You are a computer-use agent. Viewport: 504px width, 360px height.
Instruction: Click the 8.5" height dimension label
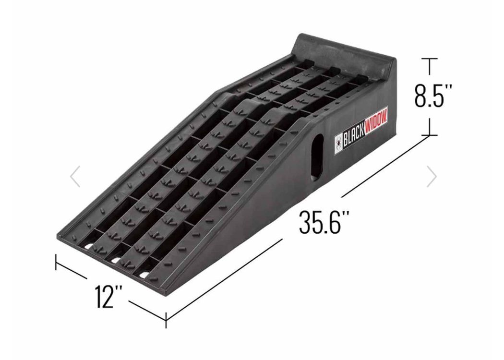point(429,96)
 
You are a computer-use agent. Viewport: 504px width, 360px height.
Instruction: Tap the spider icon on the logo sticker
point(338,143)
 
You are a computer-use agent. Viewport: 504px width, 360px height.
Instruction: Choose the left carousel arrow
point(75,177)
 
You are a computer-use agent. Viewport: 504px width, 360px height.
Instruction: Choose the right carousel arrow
point(432,177)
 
